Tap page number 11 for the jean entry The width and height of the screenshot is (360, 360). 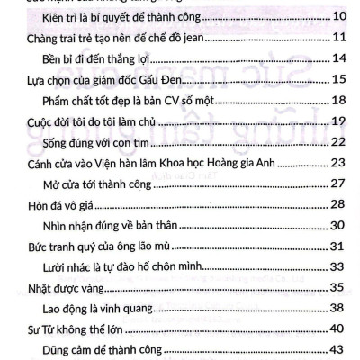(339, 37)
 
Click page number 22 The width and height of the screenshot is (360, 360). (339, 141)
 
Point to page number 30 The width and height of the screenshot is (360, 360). (339, 225)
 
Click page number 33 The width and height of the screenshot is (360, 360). (339, 266)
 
